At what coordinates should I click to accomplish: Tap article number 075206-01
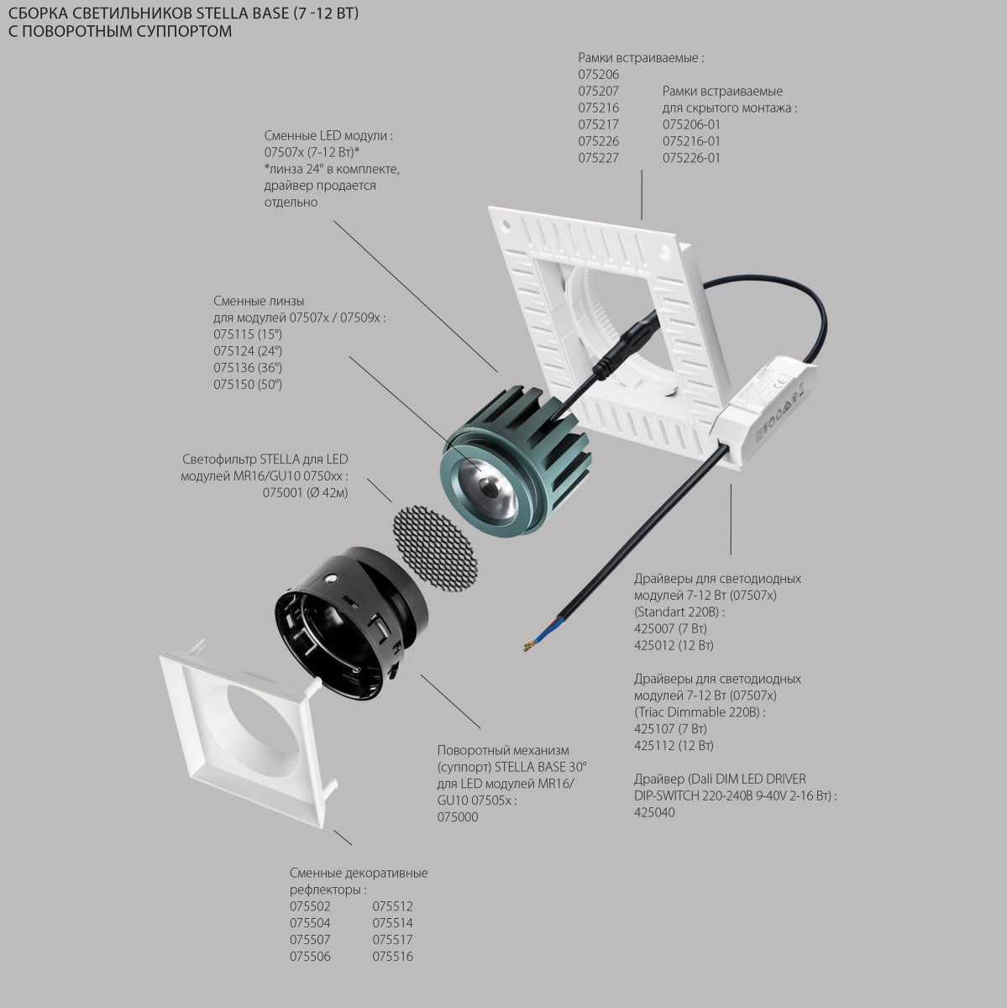tap(691, 124)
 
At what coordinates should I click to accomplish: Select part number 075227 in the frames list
tap(598, 158)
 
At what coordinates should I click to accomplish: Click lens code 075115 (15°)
tap(248, 334)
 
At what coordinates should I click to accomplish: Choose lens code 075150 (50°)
tap(248, 385)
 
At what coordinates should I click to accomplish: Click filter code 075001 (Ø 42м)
tap(305, 493)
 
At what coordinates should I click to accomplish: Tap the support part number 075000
tap(458, 816)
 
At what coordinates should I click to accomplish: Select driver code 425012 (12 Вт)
tap(674, 645)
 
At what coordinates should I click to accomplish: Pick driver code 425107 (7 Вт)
tap(670, 728)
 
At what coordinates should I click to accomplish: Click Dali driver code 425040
tap(654, 812)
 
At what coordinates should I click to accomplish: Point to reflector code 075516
tap(392, 956)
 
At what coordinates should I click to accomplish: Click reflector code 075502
tap(310, 906)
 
